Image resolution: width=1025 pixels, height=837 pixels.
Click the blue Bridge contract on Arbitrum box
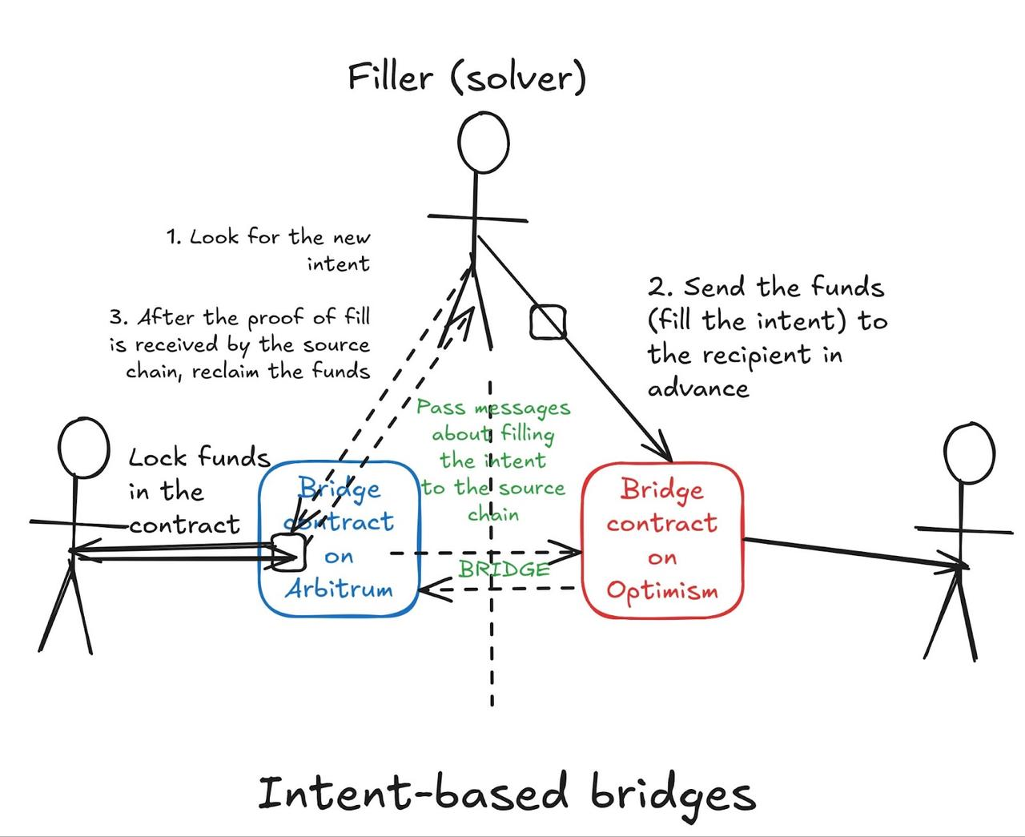pos(339,537)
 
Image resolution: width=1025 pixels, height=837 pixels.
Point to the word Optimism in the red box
pos(661,591)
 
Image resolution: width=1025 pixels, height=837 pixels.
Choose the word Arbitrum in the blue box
pos(339,590)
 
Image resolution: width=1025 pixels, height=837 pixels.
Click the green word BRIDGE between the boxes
pos(504,569)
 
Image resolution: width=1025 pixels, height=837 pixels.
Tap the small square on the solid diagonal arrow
pos(548,322)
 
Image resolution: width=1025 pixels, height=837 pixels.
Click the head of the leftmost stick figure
pos(83,447)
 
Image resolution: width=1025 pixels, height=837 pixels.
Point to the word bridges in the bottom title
pos(673,795)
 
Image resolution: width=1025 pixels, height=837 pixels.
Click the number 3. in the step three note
pos(119,317)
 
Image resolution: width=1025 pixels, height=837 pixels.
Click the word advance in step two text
pos(698,389)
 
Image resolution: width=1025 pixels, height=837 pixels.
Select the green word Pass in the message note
pos(440,408)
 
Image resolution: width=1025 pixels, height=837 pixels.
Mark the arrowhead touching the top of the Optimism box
pos(665,452)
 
